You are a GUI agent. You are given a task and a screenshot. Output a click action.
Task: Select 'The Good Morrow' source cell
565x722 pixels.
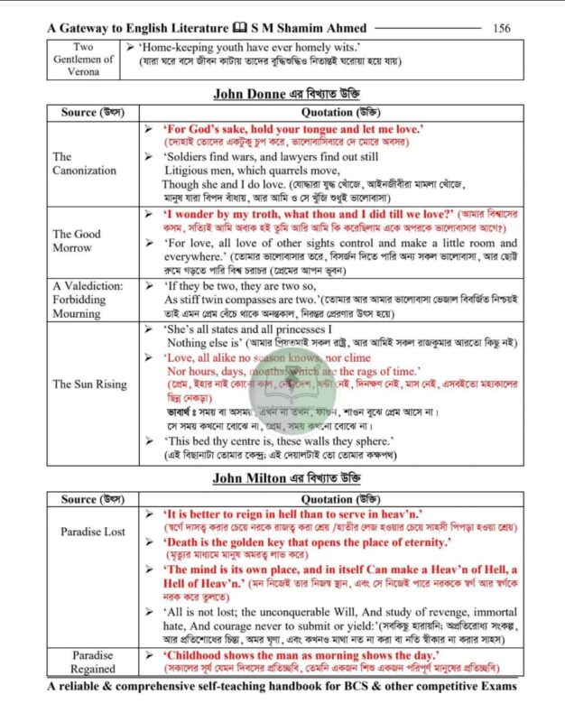72,240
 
